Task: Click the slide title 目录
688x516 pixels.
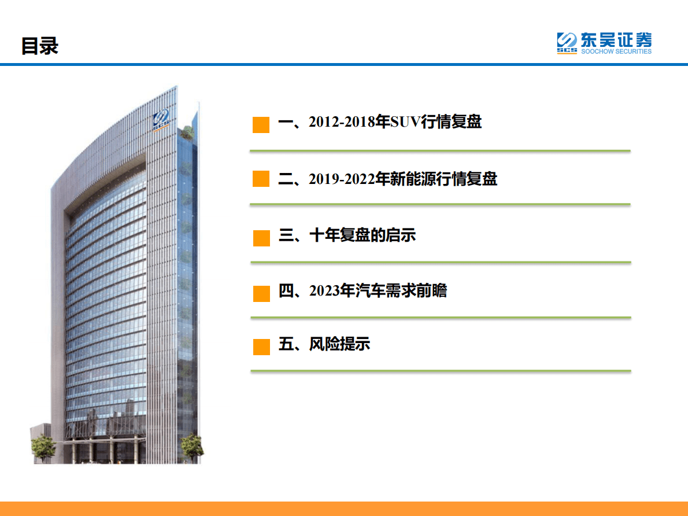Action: tap(40, 46)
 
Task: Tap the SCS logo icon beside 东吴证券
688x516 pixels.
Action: tap(567, 43)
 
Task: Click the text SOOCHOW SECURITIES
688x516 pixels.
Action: tap(616, 51)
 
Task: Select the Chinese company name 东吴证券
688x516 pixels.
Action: tap(616, 40)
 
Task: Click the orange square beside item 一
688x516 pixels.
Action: tap(261, 124)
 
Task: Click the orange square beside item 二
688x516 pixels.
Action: tap(261, 179)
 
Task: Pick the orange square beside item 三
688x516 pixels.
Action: tap(261, 238)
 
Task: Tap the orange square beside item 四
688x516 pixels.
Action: tap(261, 293)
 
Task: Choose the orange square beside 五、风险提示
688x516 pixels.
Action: tap(261, 347)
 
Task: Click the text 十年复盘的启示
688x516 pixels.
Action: tap(363, 235)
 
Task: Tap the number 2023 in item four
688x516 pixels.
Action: tap(324, 291)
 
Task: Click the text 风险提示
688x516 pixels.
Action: tap(340, 345)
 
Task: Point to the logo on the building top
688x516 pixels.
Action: tap(162, 120)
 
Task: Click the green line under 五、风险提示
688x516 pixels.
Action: tap(441, 371)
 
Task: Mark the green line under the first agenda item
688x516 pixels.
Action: tap(440, 150)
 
